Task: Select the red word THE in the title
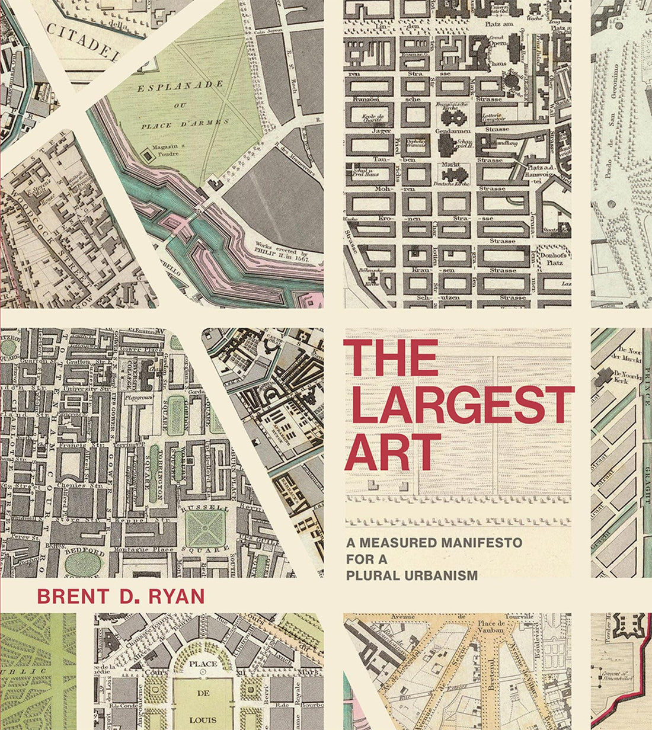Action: pyautogui.click(x=391, y=357)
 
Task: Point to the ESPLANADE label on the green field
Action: pyautogui.click(x=178, y=87)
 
